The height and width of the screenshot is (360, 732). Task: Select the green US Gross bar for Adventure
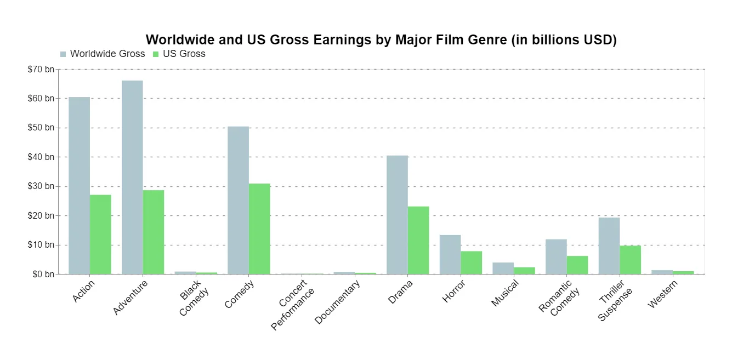point(154,232)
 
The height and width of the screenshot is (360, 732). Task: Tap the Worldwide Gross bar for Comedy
point(238,200)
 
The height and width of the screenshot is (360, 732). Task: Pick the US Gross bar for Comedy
point(259,228)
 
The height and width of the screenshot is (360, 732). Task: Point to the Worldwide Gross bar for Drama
point(397,215)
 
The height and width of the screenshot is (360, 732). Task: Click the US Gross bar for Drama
point(418,240)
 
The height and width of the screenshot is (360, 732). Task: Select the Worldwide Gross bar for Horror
point(450,254)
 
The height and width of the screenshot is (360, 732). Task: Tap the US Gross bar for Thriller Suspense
point(631,260)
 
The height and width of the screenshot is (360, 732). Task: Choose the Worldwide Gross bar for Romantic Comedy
point(556,256)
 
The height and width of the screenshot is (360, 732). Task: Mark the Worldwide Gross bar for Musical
point(503,268)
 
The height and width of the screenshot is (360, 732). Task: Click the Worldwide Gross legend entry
point(103,54)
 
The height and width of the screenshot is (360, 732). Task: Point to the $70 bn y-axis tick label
point(41,70)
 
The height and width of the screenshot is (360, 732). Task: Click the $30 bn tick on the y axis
point(41,186)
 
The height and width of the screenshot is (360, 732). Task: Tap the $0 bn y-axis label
point(43,274)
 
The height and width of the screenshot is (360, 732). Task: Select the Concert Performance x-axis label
point(293,304)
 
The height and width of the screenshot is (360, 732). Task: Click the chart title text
point(381,39)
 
